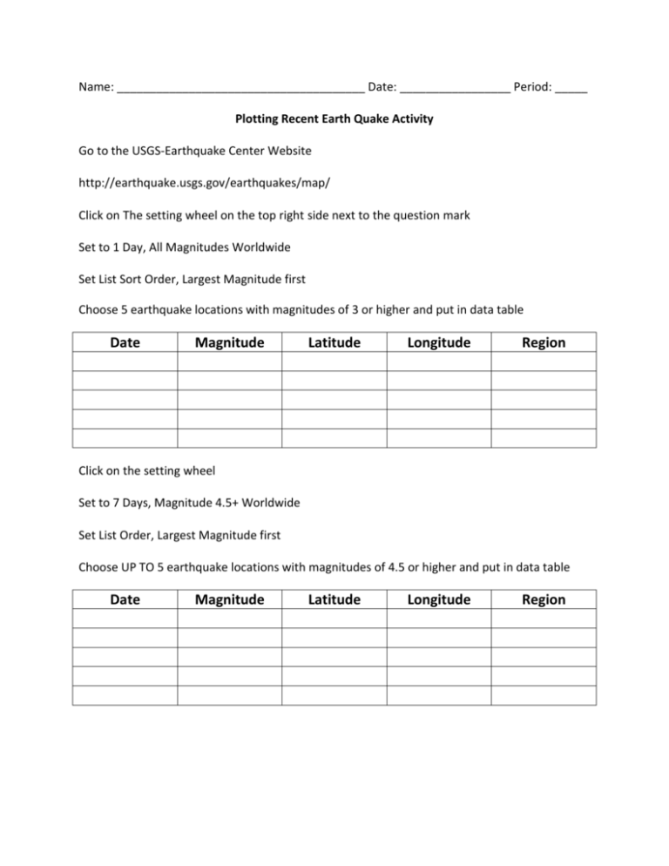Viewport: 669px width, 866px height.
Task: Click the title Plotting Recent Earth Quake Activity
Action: pos(334,119)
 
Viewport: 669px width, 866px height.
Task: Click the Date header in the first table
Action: pos(125,342)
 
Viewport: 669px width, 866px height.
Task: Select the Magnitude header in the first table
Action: pos(230,342)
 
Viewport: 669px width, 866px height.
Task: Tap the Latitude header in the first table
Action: pos(334,342)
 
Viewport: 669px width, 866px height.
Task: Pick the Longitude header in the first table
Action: pos(439,342)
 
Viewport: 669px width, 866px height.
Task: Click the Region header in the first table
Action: pos(544,342)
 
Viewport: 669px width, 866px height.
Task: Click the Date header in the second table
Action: pos(125,599)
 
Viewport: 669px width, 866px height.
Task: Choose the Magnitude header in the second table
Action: pos(230,599)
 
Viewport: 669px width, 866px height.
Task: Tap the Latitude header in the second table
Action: pos(334,599)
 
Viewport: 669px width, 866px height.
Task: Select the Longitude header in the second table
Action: pos(439,599)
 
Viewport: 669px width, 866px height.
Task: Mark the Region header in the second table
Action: pos(544,599)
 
